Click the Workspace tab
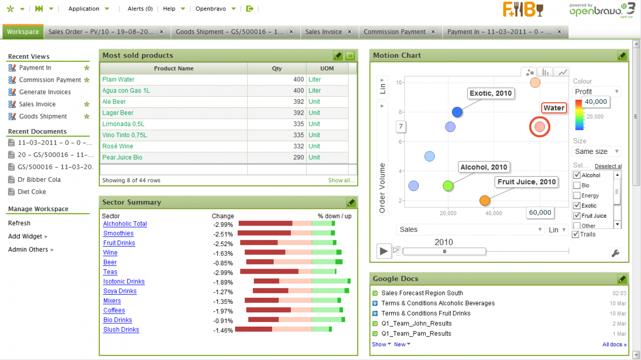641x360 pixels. pyautogui.click(x=23, y=32)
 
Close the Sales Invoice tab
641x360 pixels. pyautogui.click(x=350, y=32)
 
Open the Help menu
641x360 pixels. pyautogui.click(x=169, y=9)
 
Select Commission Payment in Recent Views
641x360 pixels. pyautogui.click(x=50, y=80)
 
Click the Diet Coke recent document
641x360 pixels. pyautogui.click(x=32, y=192)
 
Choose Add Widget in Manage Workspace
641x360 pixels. pyautogui.click(x=25, y=237)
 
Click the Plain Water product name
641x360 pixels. pyautogui.click(x=119, y=79)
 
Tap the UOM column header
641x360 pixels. pyautogui.click(x=327, y=68)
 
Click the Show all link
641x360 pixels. pyautogui.click(x=341, y=180)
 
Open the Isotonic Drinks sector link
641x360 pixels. pyautogui.click(x=124, y=282)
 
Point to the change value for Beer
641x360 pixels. pyautogui.click(x=223, y=263)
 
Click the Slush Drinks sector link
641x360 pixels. pyautogui.click(x=121, y=330)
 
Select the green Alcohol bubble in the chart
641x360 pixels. pyautogui.click(x=448, y=186)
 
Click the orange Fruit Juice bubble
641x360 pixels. pyautogui.click(x=485, y=201)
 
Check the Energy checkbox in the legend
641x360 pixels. pyautogui.click(x=577, y=196)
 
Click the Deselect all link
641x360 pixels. pyautogui.click(x=608, y=166)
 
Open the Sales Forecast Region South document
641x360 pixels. pyautogui.click(x=422, y=293)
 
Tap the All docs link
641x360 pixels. pyautogui.click(x=614, y=345)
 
